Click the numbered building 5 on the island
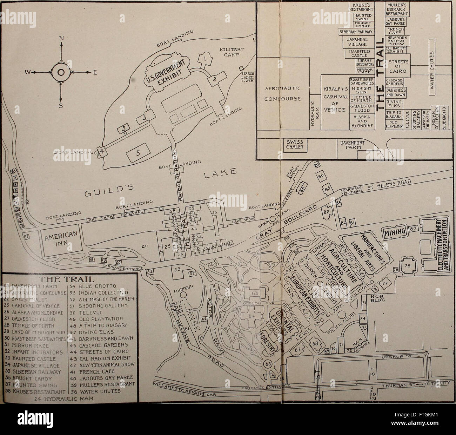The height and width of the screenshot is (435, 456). [138, 153]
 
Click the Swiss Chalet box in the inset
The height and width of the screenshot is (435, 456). [295, 144]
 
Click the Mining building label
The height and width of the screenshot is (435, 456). [394, 231]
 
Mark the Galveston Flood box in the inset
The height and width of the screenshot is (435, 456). [358, 109]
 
